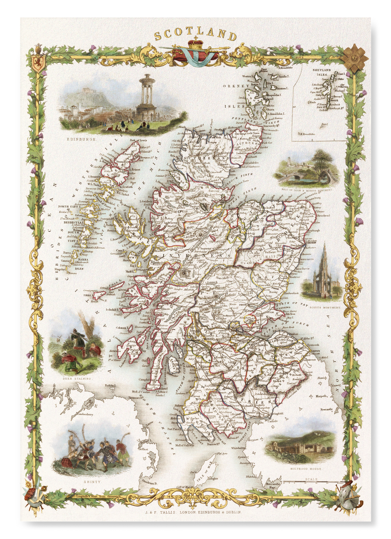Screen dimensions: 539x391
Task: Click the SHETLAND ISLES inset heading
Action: click(322, 72)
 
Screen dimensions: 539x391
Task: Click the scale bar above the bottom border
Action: click(311, 482)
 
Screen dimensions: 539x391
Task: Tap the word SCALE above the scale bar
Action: click(311, 479)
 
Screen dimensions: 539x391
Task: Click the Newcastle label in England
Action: click(327, 409)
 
